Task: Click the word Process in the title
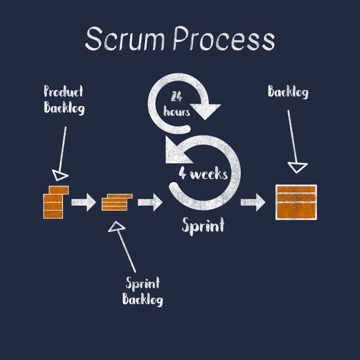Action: coord(224,39)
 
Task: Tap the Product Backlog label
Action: coord(64,99)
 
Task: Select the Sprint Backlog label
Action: coord(143,291)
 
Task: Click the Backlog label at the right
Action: coord(288,92)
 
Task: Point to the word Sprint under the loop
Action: coord(202,225)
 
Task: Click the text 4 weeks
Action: coord(203,174)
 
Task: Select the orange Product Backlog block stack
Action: coord(55,202)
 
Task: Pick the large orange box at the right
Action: coord(296,202)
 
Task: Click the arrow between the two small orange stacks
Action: coord(84,202)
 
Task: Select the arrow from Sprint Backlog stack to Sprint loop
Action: coord(150,202)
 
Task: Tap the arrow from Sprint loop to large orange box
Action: coord(253,202)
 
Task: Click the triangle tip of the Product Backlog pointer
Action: coord(60,175)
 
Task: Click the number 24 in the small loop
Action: coord(176,96)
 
